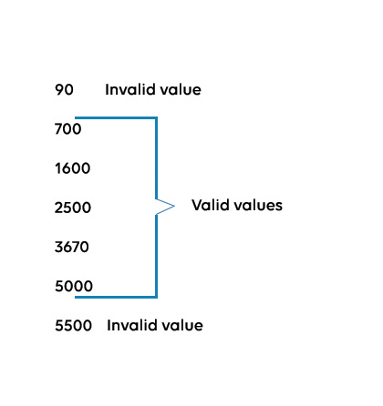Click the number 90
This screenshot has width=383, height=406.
pos(64,90)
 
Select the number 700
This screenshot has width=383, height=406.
pos(68,129)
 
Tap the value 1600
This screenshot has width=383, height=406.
pos(73,168)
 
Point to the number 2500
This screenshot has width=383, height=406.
pos(73,208)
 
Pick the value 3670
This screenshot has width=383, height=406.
pos(72,247)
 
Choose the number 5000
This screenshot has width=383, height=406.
pos(74,286)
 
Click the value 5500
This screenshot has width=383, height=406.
pos(74,325)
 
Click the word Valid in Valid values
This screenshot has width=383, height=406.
pos(211,205)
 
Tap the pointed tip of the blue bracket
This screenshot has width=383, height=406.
pos(174,207)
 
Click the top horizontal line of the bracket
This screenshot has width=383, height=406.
pos(116,117)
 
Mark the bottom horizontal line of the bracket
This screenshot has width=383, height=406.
pos(116,297)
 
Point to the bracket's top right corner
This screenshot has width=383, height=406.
pos(157,117)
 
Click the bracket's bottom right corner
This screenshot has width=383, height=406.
pos(157,297)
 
